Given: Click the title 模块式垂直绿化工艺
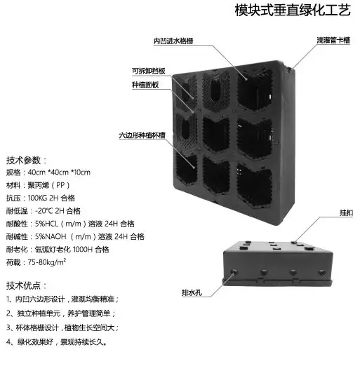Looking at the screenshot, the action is pyautogui.click(x=293, y=10).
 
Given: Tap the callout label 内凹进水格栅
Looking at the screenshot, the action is pyautogui.click(x=173, y=41).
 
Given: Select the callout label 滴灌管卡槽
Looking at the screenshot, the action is pyautogui.click(x=333, y=40).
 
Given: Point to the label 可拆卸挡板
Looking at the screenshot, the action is pyautogui.click(x=149, y=71).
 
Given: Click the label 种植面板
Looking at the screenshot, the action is pyautogui.click(x=145, y=85).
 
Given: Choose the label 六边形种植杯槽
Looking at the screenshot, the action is pyautogui.click(x=142, y=135).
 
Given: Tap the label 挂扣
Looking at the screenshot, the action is pyautogui.click(x=346, y=212).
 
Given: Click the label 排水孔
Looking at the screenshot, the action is pyautogui.click(x=192, y=292).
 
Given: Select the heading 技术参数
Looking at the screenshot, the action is pyautogui.click(x=23, y=161).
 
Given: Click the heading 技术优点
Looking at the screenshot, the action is pyautogui.click(x=23, y=285).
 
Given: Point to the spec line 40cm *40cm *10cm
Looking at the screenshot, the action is pyautogui.click(x=59, y=172).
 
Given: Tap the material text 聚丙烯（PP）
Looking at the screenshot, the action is pyautogui.click(x=48, y=185).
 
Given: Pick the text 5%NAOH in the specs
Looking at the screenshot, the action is pyautogui.click(x=51, y=236).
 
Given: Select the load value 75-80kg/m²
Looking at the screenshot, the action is pyautogui.click(x=47, y=262).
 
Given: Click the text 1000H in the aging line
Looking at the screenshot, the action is pyautogui.click(x=83, y=250).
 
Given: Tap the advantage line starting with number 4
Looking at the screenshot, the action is pyautogui.click(x=57, y=342).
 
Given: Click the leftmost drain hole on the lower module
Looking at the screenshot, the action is pyautogui.click(x=234, y=272).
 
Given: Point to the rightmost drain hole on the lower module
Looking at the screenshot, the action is pyautogui.click(x=322, y=272).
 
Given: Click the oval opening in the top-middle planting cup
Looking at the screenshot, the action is pyautogui.click(x=215, y=90).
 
